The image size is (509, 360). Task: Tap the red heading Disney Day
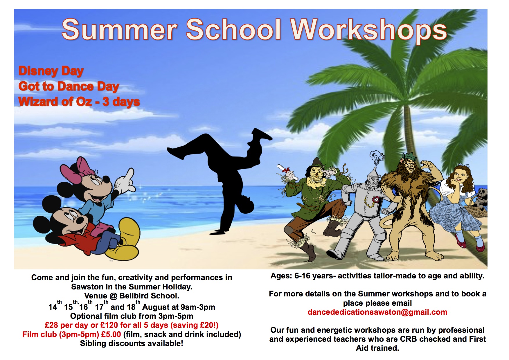[51, 71]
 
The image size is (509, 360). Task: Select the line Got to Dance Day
[69, 87]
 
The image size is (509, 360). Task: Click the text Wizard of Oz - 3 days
[79, 102]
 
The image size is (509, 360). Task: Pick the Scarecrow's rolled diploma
[287, 172]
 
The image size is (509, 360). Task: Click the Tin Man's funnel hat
[376, 161]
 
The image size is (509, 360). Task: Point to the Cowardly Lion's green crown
[409, 159]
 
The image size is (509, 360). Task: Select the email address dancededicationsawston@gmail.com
[377, 312]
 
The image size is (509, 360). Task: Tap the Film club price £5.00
[111, 334]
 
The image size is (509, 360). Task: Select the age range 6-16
[303, 276]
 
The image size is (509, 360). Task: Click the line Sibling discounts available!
[132, 344]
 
